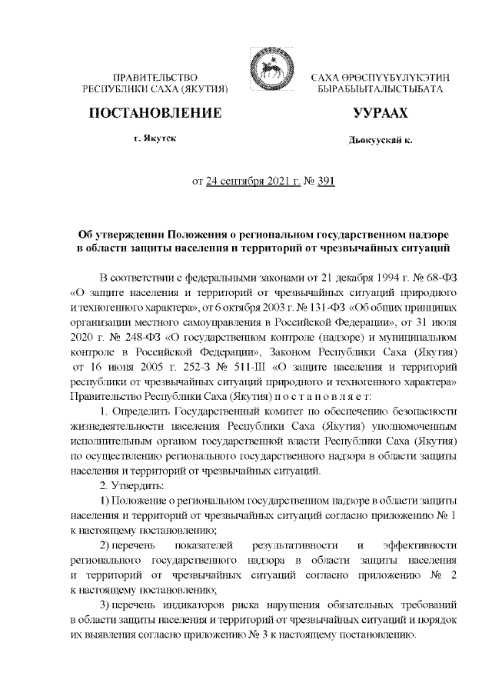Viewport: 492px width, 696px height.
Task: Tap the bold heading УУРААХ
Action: (380, 113)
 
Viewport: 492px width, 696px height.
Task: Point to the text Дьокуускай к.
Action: (380, 141)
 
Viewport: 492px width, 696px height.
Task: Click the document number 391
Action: (324, 181)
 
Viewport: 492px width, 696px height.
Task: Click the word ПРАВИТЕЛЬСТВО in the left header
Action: (156, 78)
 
